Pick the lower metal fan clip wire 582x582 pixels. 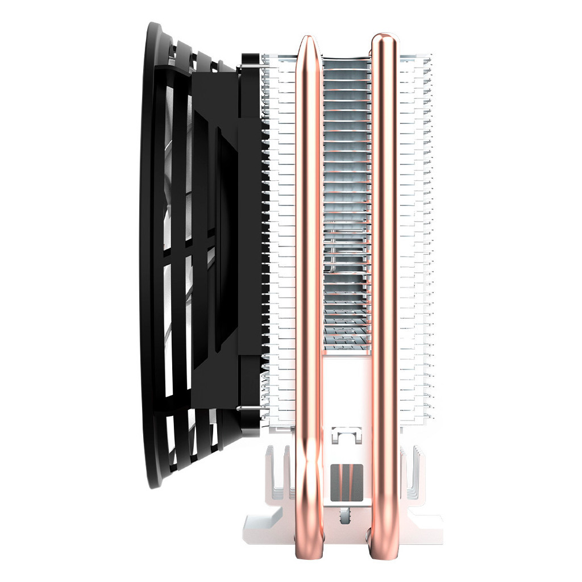[250, 407]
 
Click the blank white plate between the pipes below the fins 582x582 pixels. [346, 386]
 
